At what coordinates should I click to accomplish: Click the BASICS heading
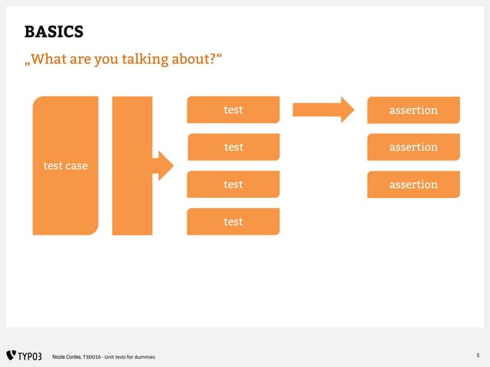click(x=54, y=31)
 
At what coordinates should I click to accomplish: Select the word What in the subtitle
click(x=53, y=59)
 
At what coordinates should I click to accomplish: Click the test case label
click(x=65, y=165)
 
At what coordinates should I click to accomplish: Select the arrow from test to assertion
click(x=323, y=110)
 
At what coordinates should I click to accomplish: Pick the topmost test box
click(x=233, y=110)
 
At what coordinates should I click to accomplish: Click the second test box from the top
click(x=233, y=147)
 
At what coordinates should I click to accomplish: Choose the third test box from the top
click(x=233, y=184)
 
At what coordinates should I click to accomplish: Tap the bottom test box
click(x=233, y=221)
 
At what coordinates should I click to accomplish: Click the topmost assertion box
click(x=413, y=110)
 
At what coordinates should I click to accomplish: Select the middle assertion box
click(x=413, y=147)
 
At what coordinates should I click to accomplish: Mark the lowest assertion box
click(x=413, y=184)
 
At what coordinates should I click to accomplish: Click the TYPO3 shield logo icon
click(x=11, y=355)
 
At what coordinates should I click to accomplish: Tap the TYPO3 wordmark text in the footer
click(x=30, y=355)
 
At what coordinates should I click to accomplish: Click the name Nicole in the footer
click(x=59, y=356)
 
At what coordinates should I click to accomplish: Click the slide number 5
click(x=478, y=355)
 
